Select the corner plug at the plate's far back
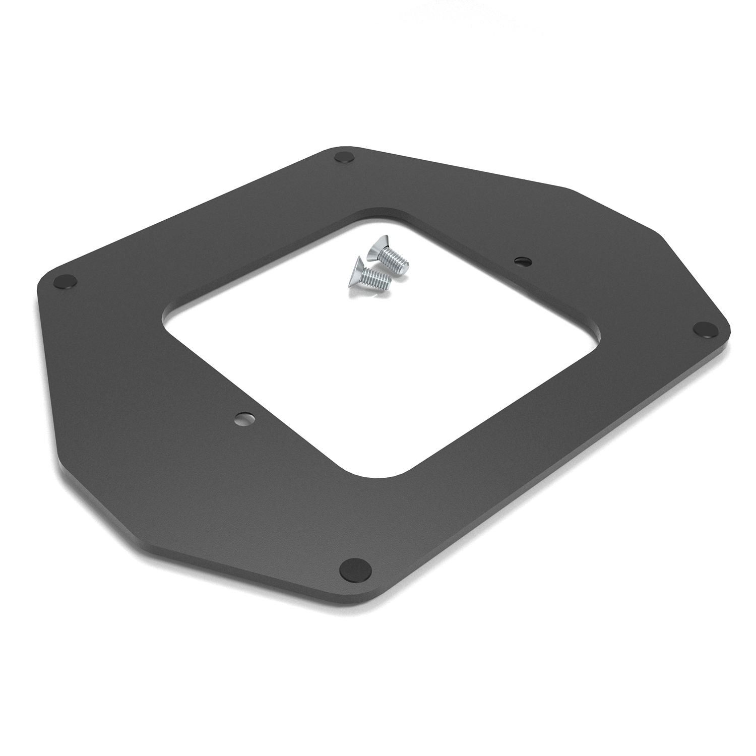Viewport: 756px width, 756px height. pyautogui.click(x=344, y=157)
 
